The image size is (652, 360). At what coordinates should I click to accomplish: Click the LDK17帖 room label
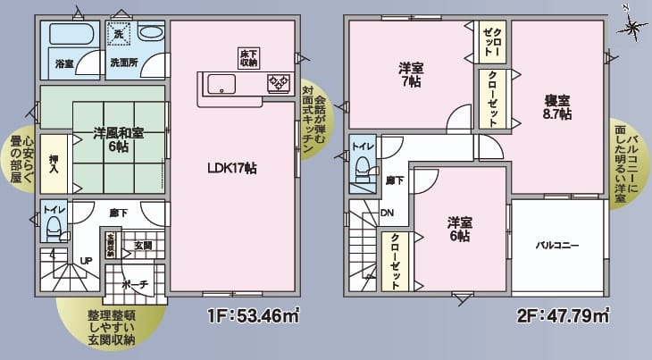click(231, 168)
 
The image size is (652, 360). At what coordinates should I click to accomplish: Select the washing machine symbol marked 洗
click(118, 34)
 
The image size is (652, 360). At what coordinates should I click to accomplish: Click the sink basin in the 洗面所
click(152, 33)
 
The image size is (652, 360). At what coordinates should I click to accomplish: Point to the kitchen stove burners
click(279, 83)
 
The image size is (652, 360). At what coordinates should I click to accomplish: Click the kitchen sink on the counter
click(220, 85)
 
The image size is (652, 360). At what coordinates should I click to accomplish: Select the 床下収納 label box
click(249, 58)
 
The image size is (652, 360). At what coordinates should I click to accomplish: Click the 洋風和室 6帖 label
click(118, 141)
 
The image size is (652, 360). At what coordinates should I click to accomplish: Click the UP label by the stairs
click(87, 260)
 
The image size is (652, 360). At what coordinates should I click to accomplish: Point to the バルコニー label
click(558, 244)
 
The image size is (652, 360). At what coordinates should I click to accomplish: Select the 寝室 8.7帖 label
click(557, 106)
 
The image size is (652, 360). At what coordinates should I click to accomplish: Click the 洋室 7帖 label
click(409, 75)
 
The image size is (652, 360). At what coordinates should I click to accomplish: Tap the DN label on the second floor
click(388, 213)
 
